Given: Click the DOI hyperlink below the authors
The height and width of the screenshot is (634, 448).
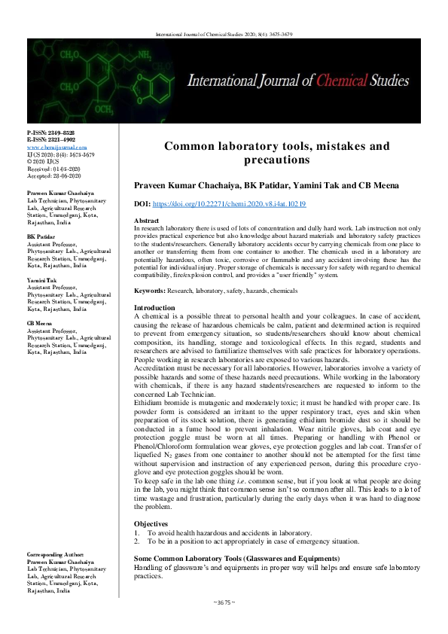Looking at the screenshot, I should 230,204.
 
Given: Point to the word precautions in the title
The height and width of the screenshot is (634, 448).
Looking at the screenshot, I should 277,160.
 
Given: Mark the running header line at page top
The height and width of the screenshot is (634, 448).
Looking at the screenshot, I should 224,34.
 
